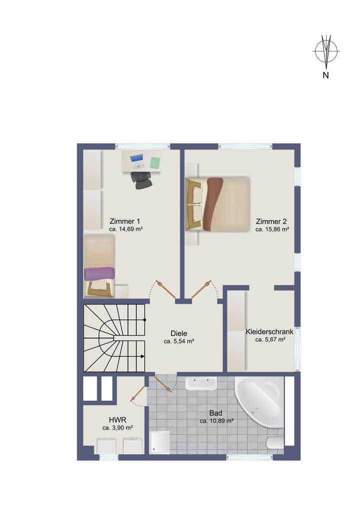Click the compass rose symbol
[x=326, y=50]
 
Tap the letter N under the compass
[x=325, y=76]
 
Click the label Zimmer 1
[x=124, y=221]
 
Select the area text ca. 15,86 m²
[x=272, y=230]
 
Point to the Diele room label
[x=178, y=333]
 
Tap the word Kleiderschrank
[x=269, y=331]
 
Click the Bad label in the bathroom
[x=216, y=413]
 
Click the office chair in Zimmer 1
[x=141, y=180]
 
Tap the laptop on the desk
[x=136, y=161]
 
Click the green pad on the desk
[x=155, y=162]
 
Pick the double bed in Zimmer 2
[x=217, y=203]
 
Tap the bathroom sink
[x=200, y=383]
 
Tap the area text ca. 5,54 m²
[x=178, y=341]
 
